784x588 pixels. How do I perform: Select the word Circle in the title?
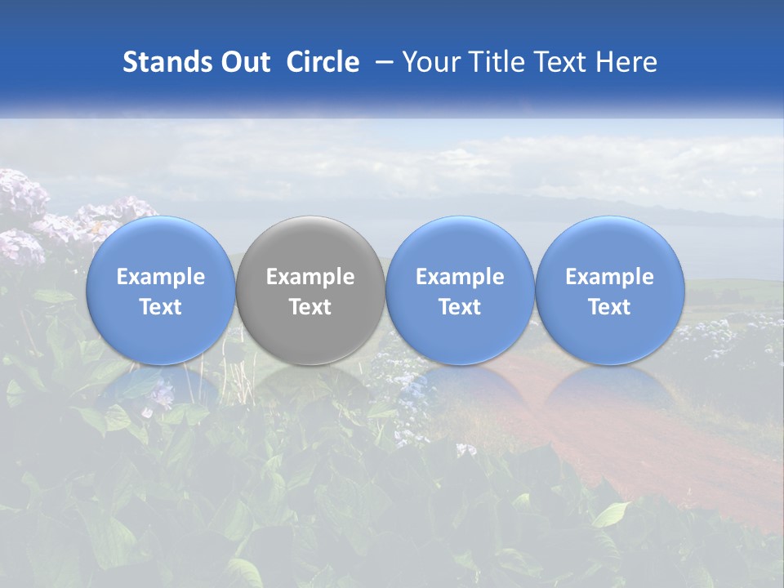[x=323, y=62]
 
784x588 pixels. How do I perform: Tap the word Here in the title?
[x=629, y=62]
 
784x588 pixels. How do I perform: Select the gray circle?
[x=310, y=290]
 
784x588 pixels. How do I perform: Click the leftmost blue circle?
[x=160, y=290]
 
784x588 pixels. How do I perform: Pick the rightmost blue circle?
[x=610, y=290]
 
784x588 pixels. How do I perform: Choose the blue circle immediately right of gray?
[x=460, y=290]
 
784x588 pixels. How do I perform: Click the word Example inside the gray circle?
[x=310, y=277]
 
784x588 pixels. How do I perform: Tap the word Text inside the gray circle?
[x=310, y=307]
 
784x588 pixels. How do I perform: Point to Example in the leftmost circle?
[x=160, y=277]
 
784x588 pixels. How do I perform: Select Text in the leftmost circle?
[x=160, y=307]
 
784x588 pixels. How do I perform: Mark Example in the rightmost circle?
[x=610, y=277]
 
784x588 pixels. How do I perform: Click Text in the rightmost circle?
[x=610, y=307]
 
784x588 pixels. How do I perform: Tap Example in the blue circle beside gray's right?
[x=460, y=277]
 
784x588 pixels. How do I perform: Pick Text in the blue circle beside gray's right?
[x=460, y=307]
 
